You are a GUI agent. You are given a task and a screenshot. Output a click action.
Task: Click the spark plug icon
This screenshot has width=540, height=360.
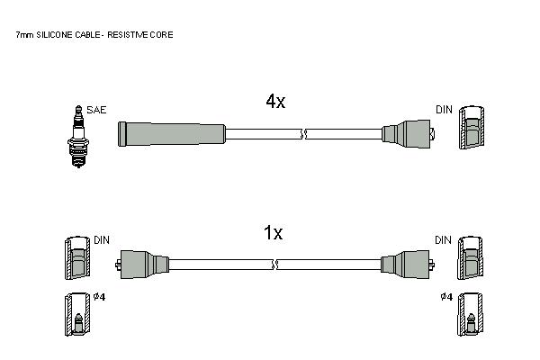[x=78, y=137]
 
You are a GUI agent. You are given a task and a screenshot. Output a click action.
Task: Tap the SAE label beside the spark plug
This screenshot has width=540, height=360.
[x=96, y=110]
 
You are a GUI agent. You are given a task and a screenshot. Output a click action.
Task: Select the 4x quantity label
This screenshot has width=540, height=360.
[x=275, y=102]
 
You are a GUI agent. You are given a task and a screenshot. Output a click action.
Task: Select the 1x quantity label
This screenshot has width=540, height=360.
[x=273, y=233]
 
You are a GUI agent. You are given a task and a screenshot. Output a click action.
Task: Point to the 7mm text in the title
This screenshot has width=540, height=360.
[x=24, y=35]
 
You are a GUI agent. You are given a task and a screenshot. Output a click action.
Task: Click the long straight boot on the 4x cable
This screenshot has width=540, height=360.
[x=172, y=134]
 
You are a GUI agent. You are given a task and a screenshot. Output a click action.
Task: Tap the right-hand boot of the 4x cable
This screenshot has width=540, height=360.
[x=408, y=134]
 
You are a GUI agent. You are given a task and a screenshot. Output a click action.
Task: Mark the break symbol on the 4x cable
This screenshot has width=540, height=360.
[x=303, y=134]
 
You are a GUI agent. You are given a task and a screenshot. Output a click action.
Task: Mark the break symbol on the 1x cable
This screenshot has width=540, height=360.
[x=275, y=265]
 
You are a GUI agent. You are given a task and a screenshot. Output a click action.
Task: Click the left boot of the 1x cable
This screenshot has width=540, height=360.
[x=142, y=265]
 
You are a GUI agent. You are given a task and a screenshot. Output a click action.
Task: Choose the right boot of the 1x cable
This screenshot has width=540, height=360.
[x=408, y=265]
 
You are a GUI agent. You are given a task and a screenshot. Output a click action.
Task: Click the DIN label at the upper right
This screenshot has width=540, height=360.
[x=444, y=110]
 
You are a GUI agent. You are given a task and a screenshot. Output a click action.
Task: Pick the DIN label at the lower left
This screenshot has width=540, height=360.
[x=102, y=240]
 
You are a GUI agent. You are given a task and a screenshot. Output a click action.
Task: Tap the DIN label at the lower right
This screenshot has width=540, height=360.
[x=443, y=240]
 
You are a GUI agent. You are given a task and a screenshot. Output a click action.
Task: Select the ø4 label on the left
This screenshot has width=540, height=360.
[x=100, y=297]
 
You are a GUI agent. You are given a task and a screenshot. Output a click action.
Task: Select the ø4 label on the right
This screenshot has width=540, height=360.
[x=446, y=297]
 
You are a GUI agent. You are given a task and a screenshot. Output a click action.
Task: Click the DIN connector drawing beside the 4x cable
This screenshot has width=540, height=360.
[x=472, y=128]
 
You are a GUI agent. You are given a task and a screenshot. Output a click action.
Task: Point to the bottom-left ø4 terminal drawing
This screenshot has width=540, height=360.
[x=77, y=314]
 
